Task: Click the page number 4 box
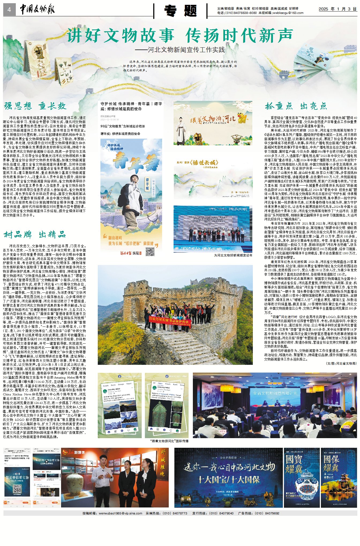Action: point(9,10)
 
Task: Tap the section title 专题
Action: point(181,11)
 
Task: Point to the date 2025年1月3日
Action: point(337,9)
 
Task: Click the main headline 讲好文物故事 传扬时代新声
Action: point(179,36)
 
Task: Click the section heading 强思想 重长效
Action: point(35,106)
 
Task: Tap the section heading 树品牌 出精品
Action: point(35,235)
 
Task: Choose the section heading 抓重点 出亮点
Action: point(296,106)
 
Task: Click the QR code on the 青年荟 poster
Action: point(150,252)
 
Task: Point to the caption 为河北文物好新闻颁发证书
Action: point(233,255)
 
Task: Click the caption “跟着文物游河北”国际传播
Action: point(169,441)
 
